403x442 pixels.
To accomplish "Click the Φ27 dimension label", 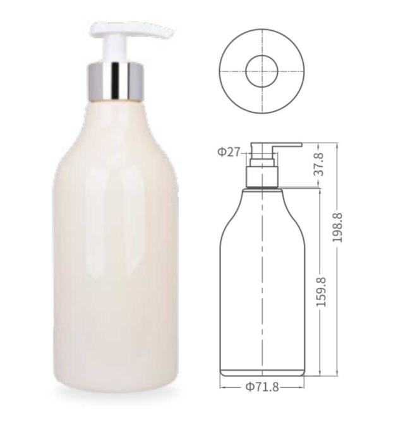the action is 229,152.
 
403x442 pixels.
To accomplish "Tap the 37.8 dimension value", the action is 319,164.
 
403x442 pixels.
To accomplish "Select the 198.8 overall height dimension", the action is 337,227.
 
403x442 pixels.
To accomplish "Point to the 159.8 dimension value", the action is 321,292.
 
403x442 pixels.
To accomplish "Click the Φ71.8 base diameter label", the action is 262,387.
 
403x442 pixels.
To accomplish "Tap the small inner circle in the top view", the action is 262,71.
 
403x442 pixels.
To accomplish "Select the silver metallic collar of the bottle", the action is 116,81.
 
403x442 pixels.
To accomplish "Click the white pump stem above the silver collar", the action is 116,49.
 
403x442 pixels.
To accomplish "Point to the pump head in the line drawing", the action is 276,145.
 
